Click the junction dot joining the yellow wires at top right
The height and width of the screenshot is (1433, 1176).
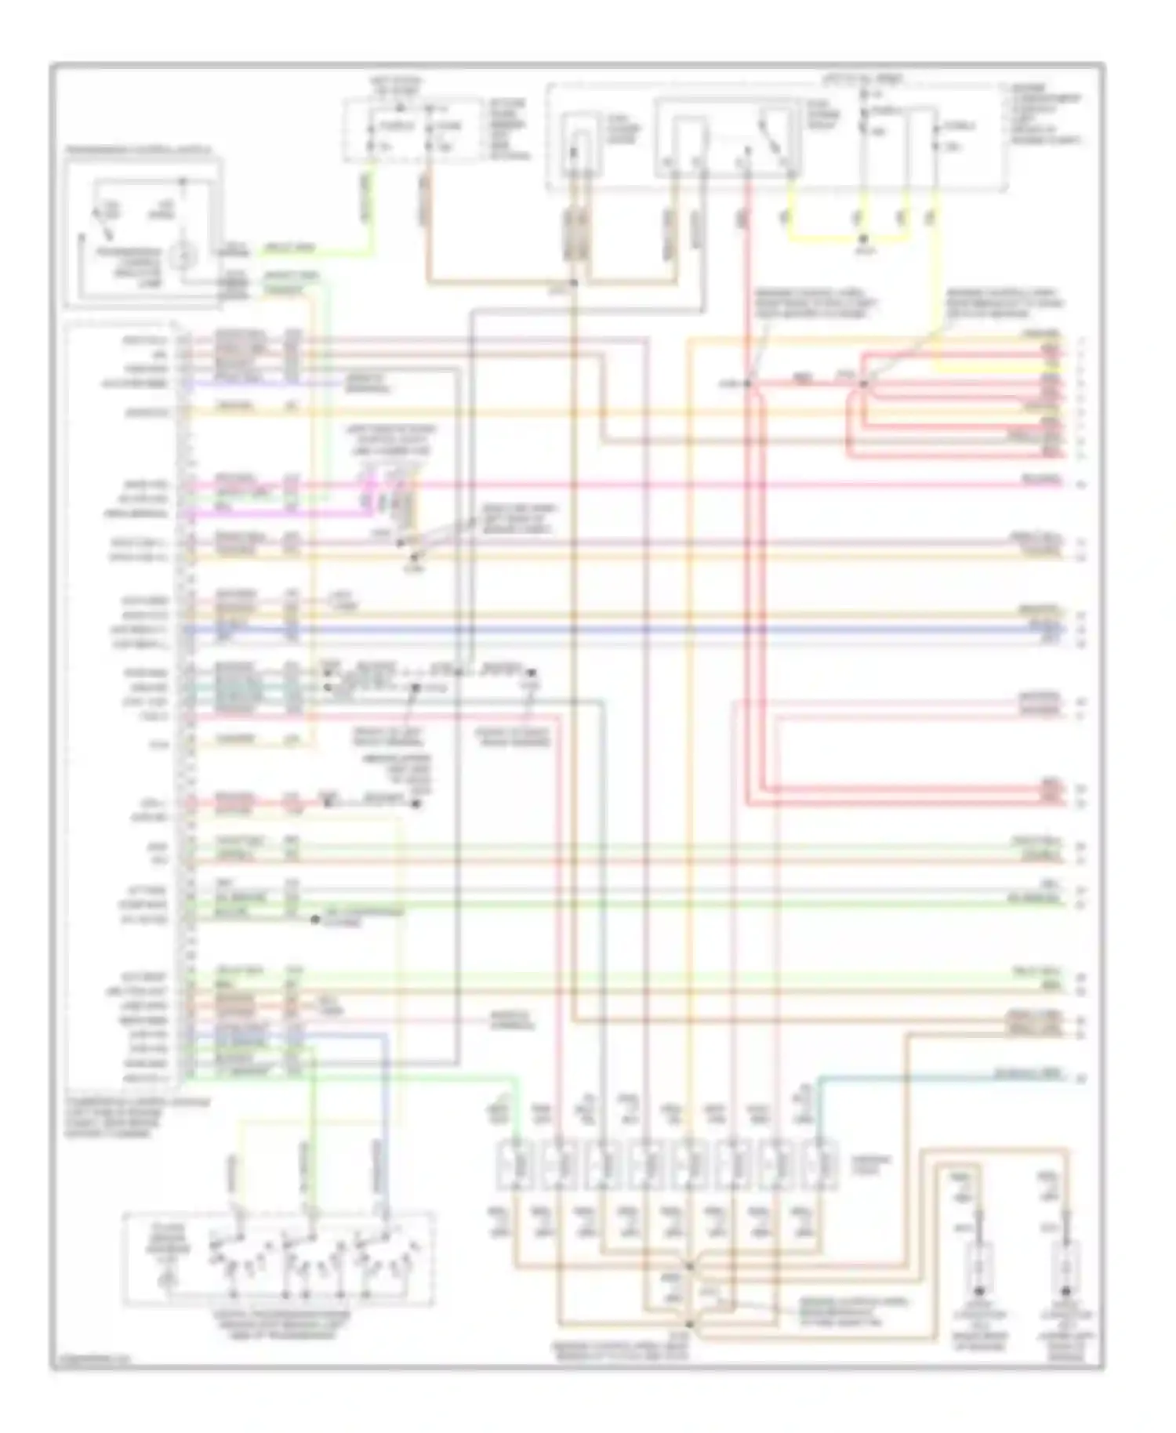click(x=862, y=238)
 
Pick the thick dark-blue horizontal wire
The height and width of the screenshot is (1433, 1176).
click(x=627, y=629)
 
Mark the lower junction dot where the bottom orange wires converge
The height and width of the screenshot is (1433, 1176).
click(x=691, y=1325)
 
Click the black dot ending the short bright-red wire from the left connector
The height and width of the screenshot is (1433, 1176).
click(x=416, y=804)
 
